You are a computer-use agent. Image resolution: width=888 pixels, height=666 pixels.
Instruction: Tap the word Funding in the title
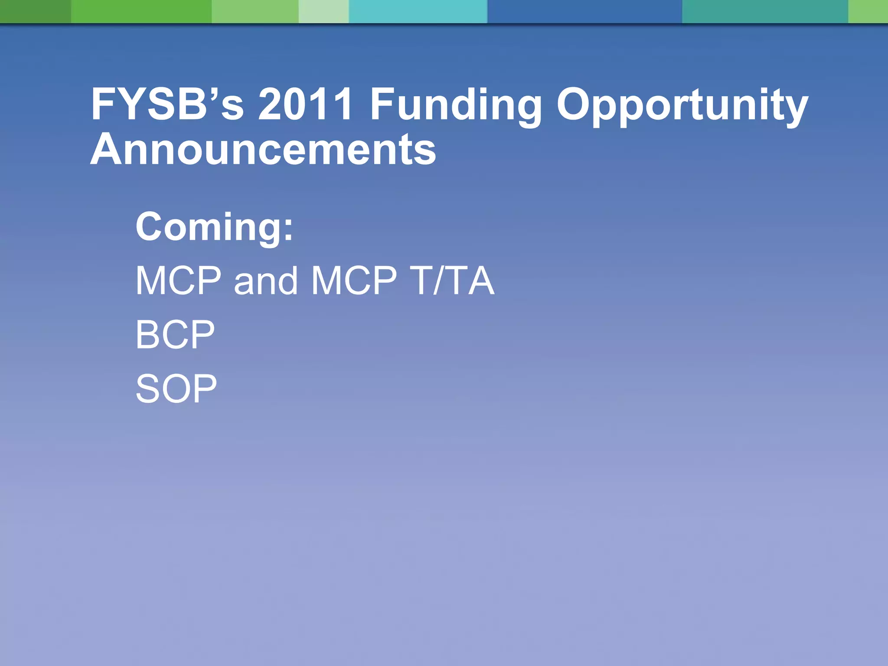point(456,105)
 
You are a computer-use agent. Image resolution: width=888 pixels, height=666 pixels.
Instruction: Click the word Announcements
point(263,150)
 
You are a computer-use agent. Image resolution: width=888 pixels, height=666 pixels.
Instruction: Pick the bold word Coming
point(209,227)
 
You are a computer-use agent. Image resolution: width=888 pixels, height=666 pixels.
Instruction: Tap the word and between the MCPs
point(266,281)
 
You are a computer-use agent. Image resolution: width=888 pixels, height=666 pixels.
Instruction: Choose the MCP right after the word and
point(354,281)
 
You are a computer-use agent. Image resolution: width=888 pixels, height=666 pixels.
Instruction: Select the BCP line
point(175,334)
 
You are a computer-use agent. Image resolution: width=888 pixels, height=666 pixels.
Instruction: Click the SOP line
point(176,388)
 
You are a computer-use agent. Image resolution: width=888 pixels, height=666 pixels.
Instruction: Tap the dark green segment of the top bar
point(35,11)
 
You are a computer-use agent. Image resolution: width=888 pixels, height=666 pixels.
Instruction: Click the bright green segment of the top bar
point(141,11)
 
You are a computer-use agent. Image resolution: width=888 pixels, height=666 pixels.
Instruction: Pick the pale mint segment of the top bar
point(323,11)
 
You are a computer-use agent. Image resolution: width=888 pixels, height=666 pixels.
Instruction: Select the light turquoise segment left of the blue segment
point(418,11)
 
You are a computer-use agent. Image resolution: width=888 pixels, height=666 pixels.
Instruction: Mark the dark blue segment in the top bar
point(584,11)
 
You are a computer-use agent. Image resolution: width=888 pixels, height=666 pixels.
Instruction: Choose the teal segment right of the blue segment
point(765,11)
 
